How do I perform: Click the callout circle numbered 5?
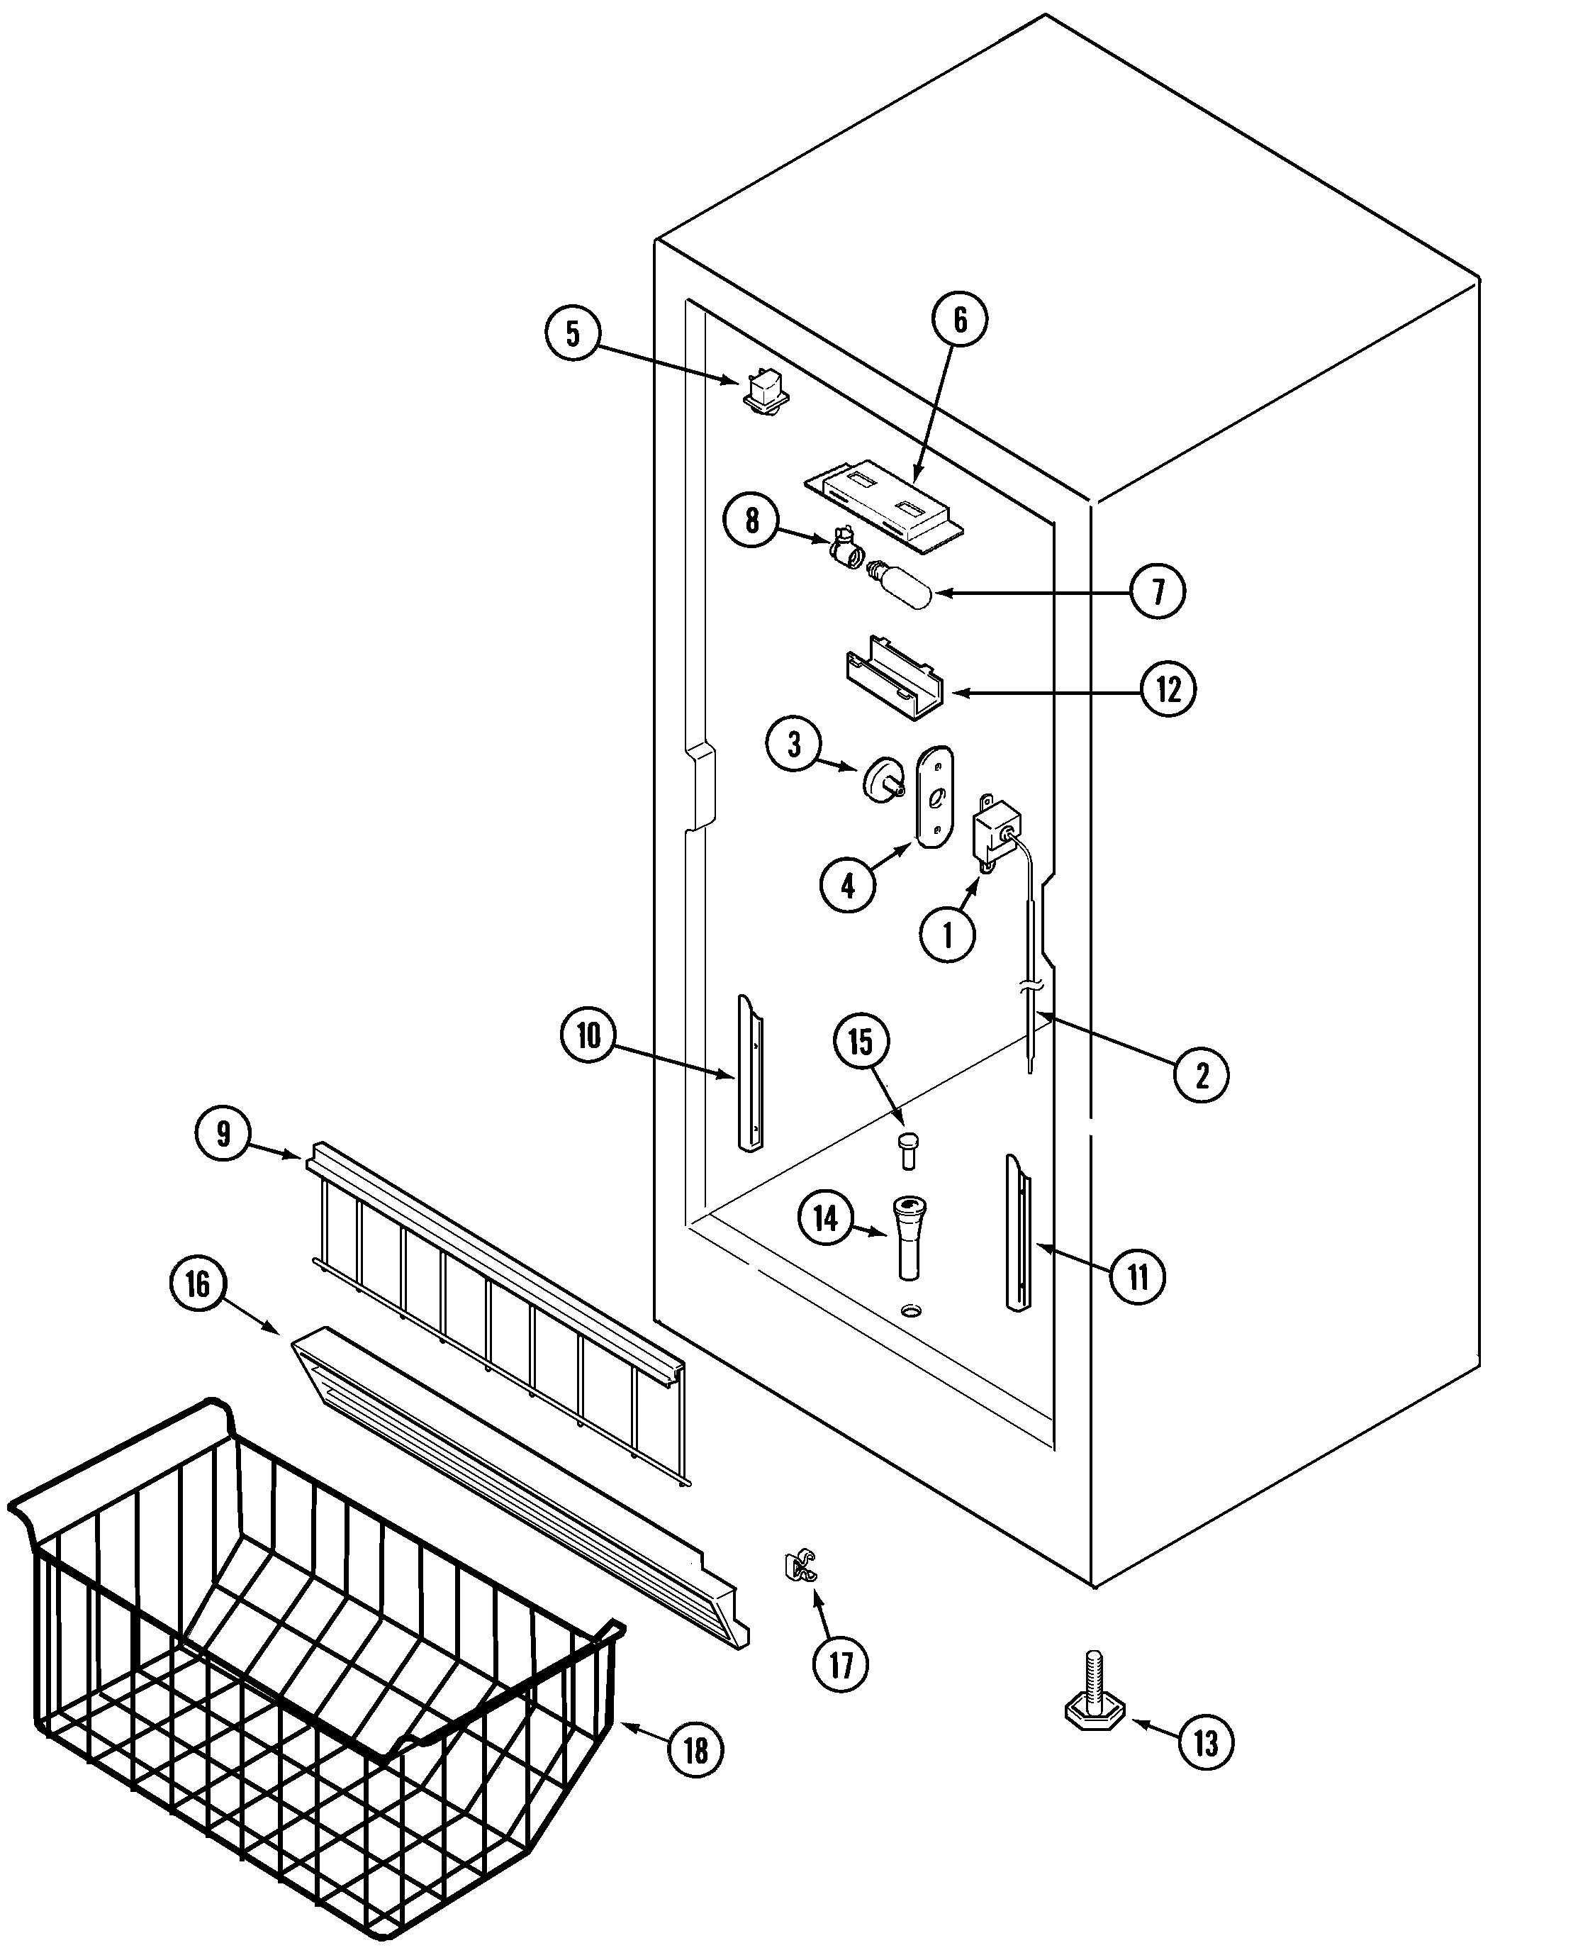coord(572,333)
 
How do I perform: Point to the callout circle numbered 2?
coord(1202,1074)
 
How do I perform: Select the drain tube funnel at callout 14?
coord(910,1236)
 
